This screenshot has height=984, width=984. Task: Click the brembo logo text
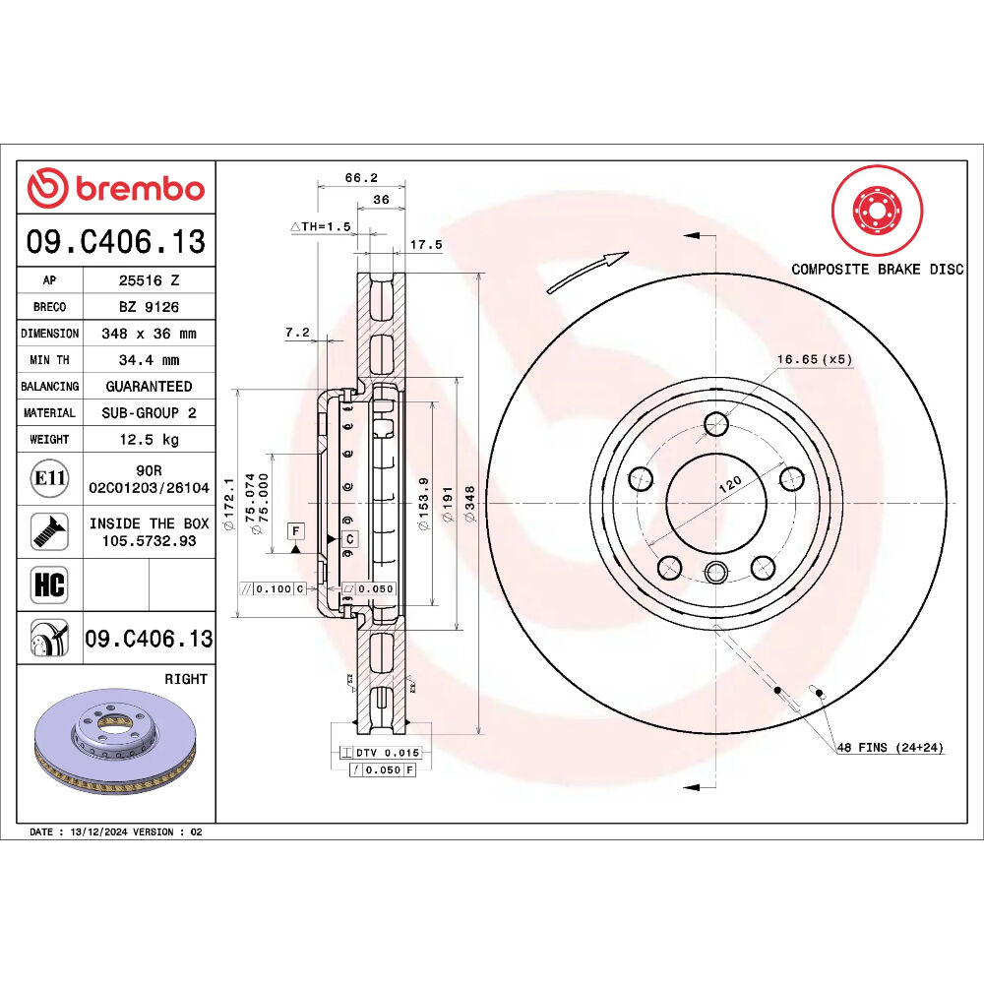(140, 188)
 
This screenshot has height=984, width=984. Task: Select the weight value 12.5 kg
(150, 439)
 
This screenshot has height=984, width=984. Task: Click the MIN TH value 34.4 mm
(150, 360)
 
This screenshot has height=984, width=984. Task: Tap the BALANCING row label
(49, 387)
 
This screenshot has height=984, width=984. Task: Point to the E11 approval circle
(49, 479)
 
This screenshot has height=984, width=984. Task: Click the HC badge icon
(49, 584)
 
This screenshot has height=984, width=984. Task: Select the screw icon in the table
(49, 532)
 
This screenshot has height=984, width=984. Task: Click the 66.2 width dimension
(361, 177)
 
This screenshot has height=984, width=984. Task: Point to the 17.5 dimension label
(426, 245)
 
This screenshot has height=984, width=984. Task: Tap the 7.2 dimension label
(297, 332)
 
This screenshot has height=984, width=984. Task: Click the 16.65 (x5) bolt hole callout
(815, 359)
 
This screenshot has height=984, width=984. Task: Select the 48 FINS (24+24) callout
(890, 748)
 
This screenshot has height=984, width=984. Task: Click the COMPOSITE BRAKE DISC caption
(877, 270)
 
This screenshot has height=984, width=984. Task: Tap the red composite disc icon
(877, 211)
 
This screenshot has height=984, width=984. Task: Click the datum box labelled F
(295, 531)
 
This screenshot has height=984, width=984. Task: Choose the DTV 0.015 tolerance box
(380, 753)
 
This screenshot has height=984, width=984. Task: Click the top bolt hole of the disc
(715, 423)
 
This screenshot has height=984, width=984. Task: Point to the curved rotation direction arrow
(586, 273)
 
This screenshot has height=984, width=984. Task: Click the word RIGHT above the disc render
(186, 679)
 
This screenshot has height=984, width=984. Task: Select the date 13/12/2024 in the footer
(99, 832)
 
